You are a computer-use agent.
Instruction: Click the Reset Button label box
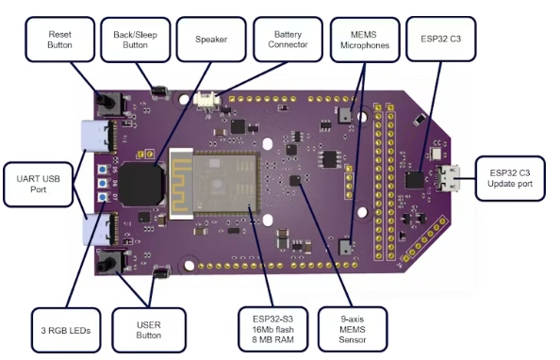(60, 40)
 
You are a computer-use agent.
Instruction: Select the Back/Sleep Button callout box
(136, 40)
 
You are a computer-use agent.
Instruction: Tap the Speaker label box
(211, 40)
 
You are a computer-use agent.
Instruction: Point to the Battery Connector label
(288, 40)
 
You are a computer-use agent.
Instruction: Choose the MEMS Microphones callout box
(365, 40)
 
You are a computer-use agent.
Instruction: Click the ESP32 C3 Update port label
(510, 178)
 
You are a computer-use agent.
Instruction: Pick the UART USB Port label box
(39, 185)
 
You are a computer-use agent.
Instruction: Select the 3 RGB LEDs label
(66, 330)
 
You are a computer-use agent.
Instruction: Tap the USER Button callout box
(149, 330)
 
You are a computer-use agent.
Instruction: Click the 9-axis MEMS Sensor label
(353, 329)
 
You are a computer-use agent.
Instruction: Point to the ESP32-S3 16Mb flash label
(273, 329)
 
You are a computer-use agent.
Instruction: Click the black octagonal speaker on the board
(141, 184)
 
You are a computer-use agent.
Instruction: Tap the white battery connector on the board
(205, 99)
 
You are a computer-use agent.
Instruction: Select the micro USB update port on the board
(447, 178)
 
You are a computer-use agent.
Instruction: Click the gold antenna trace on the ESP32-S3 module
(181, 184)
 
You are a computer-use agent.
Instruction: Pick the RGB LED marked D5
(103, 170)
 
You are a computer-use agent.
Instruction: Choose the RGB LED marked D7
(103, 197)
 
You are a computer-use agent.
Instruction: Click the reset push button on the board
(111, 104)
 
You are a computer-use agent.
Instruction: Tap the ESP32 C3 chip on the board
(414, 180)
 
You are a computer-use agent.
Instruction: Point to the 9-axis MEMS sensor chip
(295, 180)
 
